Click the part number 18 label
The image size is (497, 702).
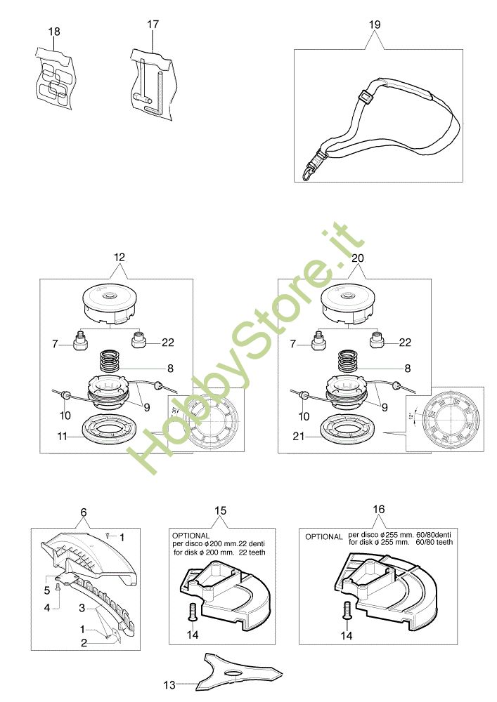tap(54, 32)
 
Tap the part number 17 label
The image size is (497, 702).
tap(153, 25)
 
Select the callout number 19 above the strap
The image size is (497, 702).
tap(374, 25)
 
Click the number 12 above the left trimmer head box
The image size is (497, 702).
tap(118, 258)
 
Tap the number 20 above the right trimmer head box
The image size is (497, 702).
tap(357, 258)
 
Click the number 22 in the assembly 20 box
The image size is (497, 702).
tap(405, 343)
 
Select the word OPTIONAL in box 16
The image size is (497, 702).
tap(323, 537)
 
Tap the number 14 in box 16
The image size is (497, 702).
tap(346, 635)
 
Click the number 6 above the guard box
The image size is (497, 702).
tap(83, 512)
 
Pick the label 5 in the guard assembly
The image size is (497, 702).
tap(47, 590)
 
